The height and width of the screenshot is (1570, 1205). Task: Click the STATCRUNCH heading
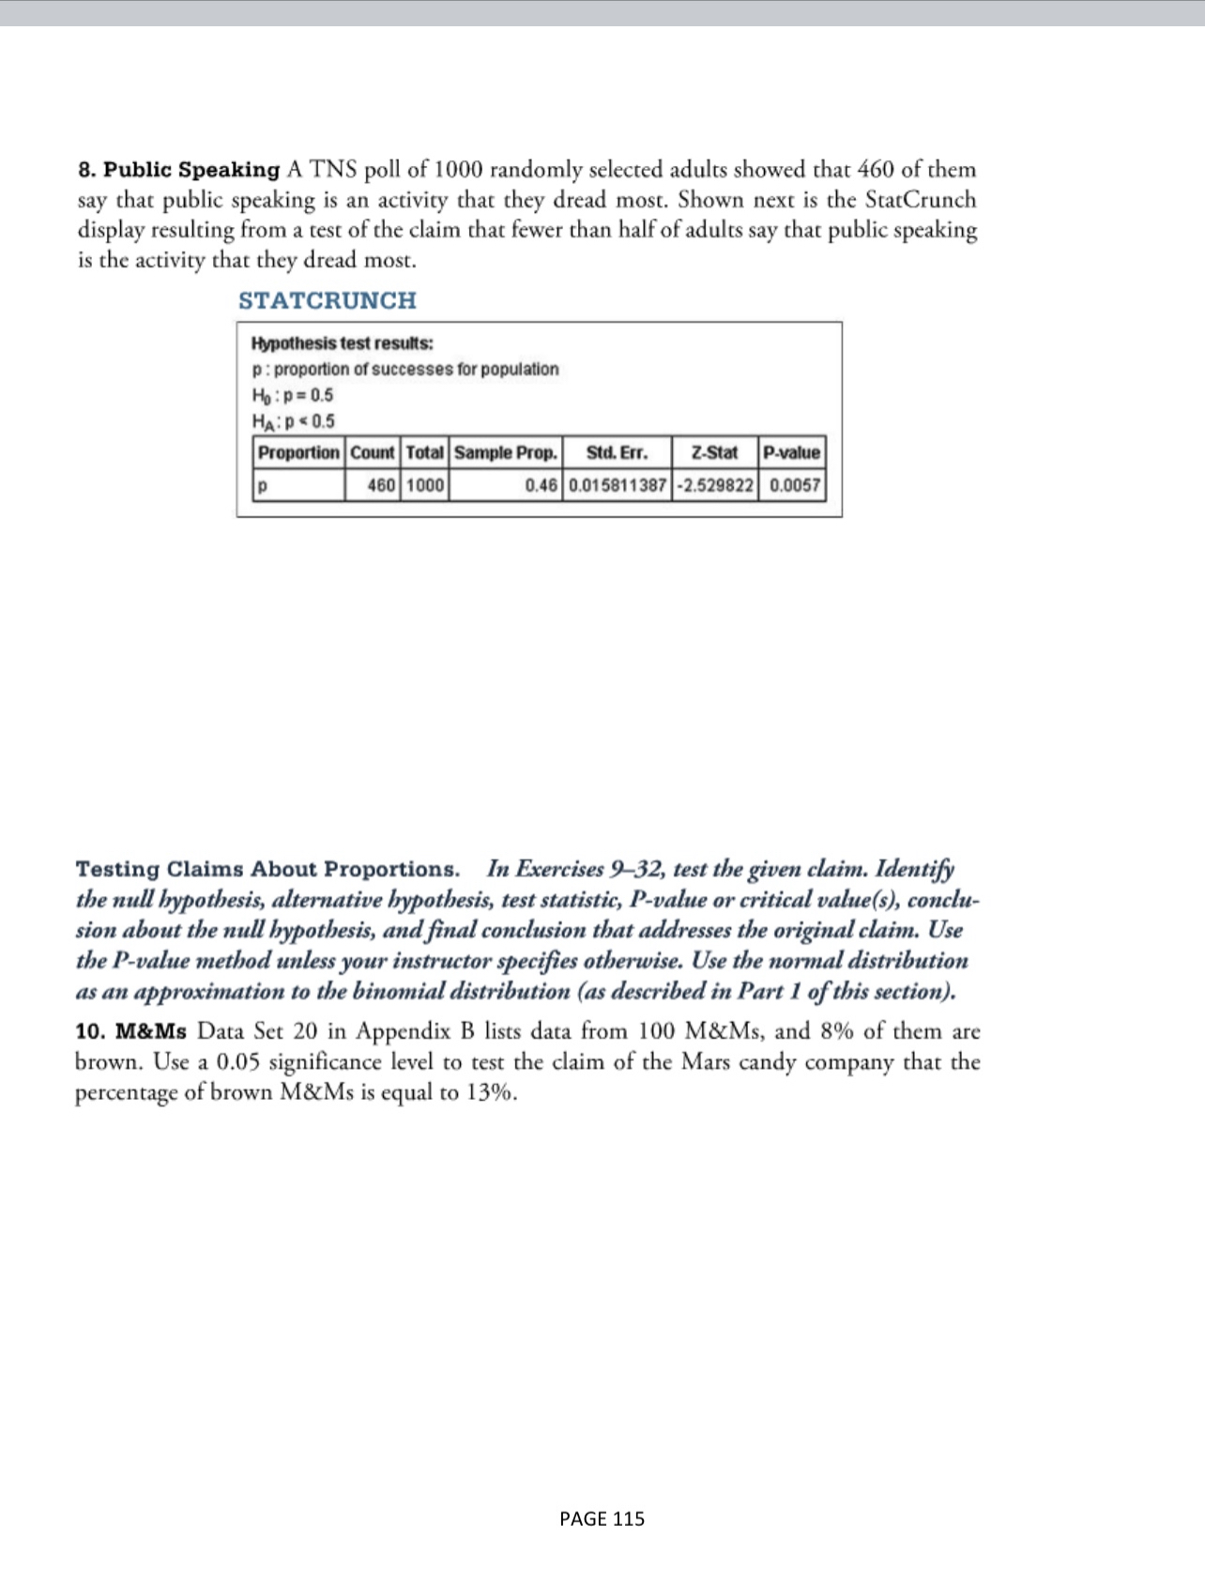pos(327,300)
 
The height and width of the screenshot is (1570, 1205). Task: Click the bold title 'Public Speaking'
pos(191,170)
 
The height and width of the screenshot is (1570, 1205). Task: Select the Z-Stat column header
pos(713,452)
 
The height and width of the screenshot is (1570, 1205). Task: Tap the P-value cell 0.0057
pos(794,485)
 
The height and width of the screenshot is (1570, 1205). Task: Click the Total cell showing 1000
pos(425,485)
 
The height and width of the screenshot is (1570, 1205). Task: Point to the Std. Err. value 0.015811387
pos(618,485)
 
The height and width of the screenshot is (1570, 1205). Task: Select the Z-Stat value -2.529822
pos(714,485)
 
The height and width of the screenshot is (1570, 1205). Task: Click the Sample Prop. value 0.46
pos(541,485)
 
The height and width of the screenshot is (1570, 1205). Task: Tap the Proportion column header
pos(298,452)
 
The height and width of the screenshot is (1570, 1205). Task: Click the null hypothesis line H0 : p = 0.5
pos(292,395)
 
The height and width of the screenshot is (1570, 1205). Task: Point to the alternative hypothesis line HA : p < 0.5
pos(293,420)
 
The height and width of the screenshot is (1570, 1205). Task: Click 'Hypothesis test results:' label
pos(342,343)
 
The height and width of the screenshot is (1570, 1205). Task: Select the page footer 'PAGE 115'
pos(602,1518)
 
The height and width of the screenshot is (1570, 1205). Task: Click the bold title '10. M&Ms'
pos(130,1031)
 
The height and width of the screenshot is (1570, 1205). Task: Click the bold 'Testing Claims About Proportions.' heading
pos(267,869)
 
